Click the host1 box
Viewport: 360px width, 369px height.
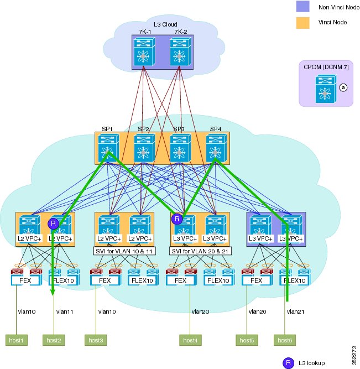pyautogui.click(x=17, y=340)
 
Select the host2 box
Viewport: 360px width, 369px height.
pyautogui.click(x=54, y=340)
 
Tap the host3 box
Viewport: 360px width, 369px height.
pyautogui.click(x=96, y=340)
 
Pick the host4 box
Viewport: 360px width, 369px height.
pyautogui.click(x=190, y=340)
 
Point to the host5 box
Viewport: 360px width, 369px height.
pyautogui.click(x=247, y=340)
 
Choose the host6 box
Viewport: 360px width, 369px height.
pyautogui.click(x=285, y=340)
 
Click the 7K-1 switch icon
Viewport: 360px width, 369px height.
pyautogui.click(x=144, y=52)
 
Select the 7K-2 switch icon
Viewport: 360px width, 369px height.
pyautogui.click(x=180, y=52)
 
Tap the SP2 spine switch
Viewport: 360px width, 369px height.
pyautogui.click(x=144, y=148)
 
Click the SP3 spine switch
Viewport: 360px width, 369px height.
pyautogui.click(x=180, y=148)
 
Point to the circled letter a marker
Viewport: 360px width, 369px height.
pyautogui.click(x=343, y=87)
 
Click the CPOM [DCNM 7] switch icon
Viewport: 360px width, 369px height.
pyautogui.click(x=326, y=89)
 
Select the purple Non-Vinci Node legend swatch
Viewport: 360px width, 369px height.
pyautogui.click(x=302, y=6)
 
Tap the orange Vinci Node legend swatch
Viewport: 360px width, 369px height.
pyautogui.click(x=302, y=23)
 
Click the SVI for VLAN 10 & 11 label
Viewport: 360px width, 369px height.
pyautogui.click(x=124, y=251)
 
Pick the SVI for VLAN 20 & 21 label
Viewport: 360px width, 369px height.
pyautogui.click(x=200, y=251)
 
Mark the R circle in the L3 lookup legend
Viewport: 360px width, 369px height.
pyautogui.click(x=288, y=363)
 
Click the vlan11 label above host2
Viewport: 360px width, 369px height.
pyautogui.click(x=65, y=311)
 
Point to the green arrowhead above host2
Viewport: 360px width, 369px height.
pyautogui.click(x=53, y=292)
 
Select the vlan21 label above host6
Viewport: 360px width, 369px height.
pyautogui.click(x=295, y=311)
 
